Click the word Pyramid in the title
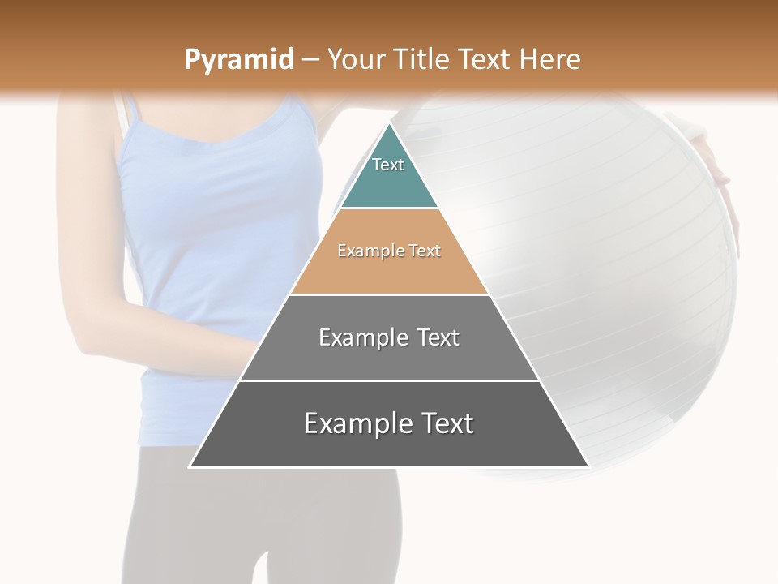[x=238, y=60]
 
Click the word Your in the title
[x=355, y=59]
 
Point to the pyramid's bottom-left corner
[x=190, y=466]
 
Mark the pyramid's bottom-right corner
[x=588, y=466]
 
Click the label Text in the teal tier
[x=388, y=165]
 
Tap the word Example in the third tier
[x=353, y=337]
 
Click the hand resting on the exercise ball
[x=713, y=162]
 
